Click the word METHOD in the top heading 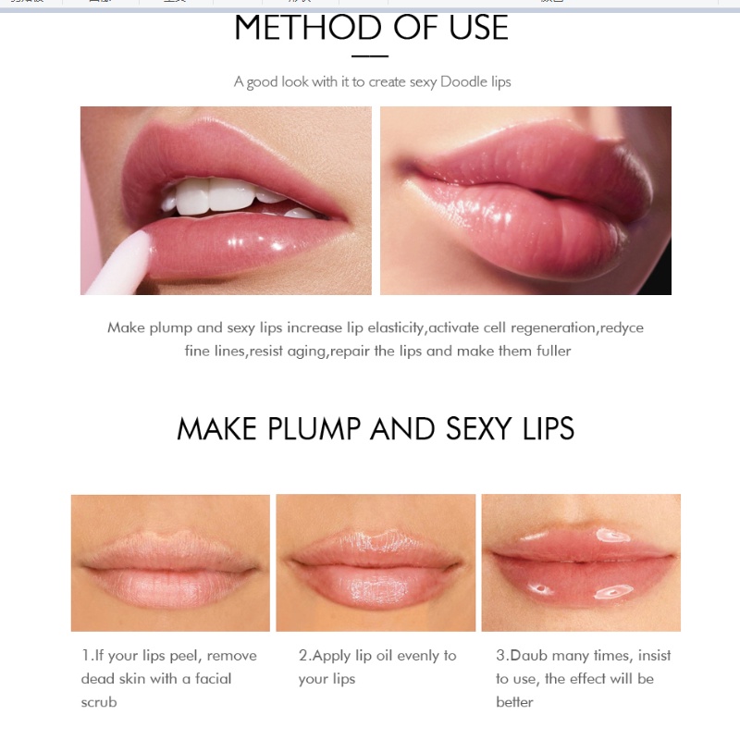[308, 28]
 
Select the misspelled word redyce [623, 327]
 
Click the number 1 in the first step [84, 656]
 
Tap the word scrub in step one [99, 702]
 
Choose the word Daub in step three [530, 656]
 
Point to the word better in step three [514, 702]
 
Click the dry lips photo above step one [170, 562]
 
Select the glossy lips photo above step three [581, 562]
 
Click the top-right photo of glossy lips [525, 201]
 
